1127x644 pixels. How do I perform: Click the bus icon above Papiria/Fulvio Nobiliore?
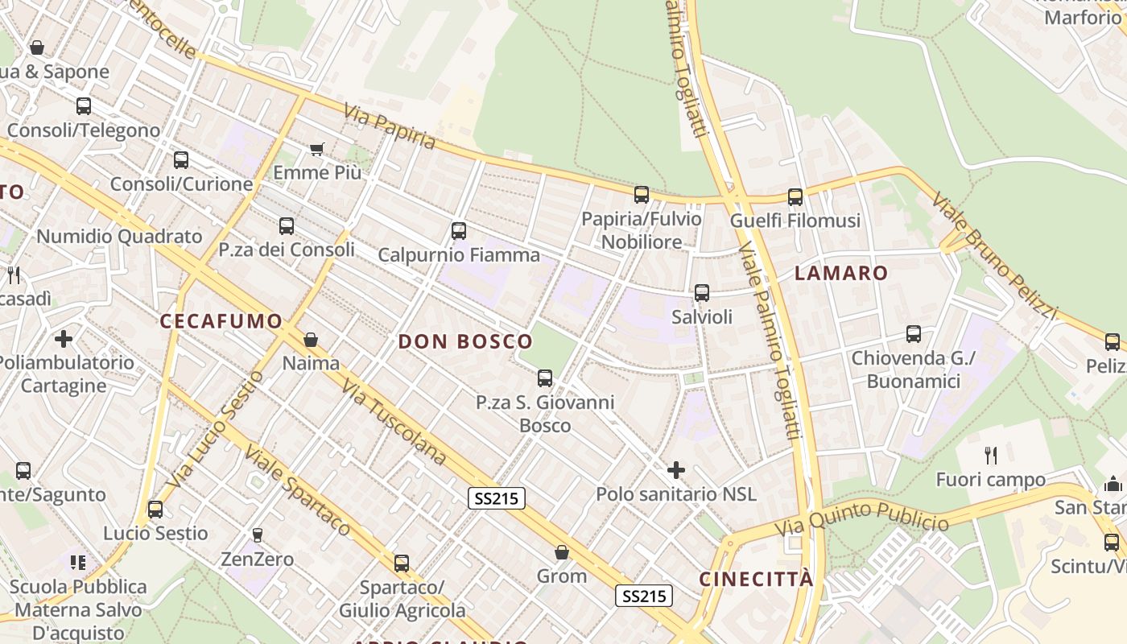(642, 194)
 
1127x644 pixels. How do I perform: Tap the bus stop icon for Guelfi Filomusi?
(795, 196)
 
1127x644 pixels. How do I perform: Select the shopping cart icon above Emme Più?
(317, 149)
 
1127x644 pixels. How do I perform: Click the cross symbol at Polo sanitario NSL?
(676, 469)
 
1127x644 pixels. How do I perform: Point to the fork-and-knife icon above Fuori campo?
(991, 456)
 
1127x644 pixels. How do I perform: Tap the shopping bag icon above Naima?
(311, 340)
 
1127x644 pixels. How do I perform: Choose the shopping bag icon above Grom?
(562, 552)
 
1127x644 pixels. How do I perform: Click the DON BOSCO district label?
(465, 341)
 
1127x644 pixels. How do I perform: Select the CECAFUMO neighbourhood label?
(221, 321)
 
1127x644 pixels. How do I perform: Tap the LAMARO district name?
(841, 273)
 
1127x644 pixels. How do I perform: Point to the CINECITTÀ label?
(756, 579)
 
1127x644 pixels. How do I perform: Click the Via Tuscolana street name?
(394, 423)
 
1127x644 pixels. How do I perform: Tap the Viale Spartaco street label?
(298, 490)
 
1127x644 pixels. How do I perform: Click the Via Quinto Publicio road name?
(862, 518)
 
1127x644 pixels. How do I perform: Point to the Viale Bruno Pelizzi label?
(993, 254)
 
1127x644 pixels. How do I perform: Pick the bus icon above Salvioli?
(702, 293)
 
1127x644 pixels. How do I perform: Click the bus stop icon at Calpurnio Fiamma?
(459, 231)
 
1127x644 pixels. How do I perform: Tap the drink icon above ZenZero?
(258, 535)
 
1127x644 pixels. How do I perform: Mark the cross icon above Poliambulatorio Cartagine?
(64, 338)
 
